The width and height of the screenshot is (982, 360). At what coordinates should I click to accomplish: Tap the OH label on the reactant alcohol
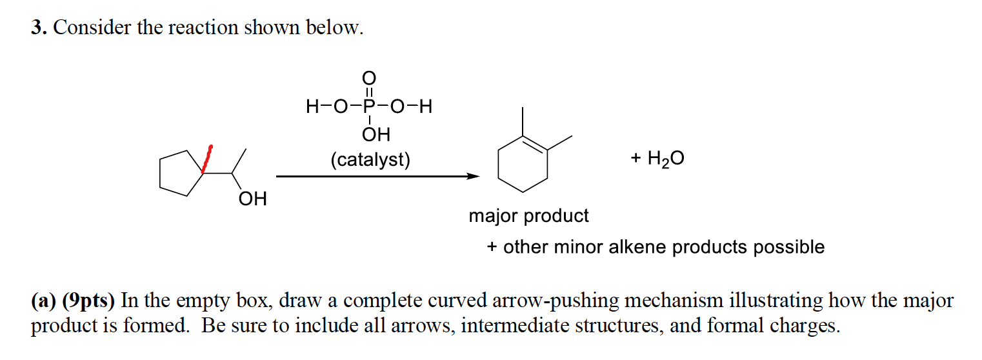tap(252, 199)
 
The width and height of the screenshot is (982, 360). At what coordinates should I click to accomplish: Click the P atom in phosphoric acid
tap(368, 106)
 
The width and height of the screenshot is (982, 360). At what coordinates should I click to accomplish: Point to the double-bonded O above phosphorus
tap(368, 78)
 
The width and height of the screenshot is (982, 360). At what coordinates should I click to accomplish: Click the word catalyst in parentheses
tap(370, 159)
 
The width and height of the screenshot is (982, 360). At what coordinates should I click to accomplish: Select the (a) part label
tap(43, 301)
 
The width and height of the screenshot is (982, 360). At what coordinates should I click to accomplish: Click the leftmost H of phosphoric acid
tap(313, 106)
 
